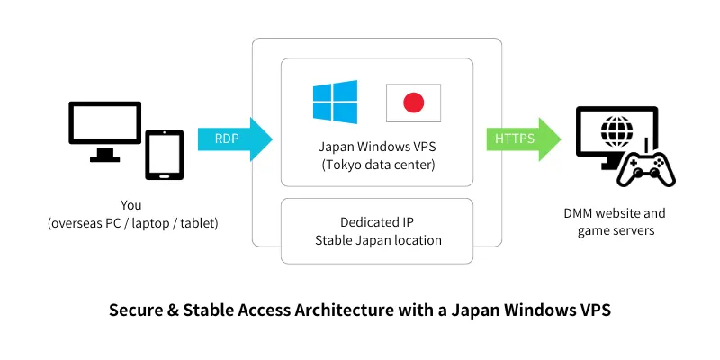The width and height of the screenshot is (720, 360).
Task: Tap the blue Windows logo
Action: click(x=335, y=103)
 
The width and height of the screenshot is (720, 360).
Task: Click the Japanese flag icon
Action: click(x=413, y=103)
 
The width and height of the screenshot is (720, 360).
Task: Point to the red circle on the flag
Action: click(x=413, y=103)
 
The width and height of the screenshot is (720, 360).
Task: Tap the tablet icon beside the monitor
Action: click(x=164, y=155)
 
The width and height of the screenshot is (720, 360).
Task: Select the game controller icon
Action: click(x=645, y=167)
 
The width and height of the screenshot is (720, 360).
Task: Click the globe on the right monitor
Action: click(x=616, y=131)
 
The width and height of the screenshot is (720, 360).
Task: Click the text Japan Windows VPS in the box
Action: click(x=376, y=148)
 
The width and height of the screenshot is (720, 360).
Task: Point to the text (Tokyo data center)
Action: click(x=376, y=166)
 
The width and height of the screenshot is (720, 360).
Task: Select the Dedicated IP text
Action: click(x=376, y=221)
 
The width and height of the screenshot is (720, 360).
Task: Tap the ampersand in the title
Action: click(x=175, y=310)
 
